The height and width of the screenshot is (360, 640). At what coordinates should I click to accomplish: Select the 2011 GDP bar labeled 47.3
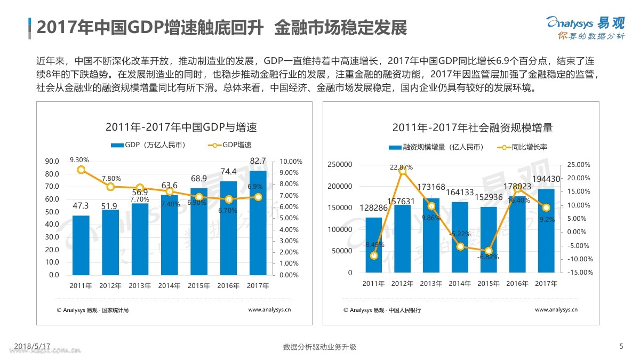coord(81,245)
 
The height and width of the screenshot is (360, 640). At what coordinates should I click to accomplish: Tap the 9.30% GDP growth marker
coord(81,170)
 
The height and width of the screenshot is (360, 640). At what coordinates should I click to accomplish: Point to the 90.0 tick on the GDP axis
coord(52,162)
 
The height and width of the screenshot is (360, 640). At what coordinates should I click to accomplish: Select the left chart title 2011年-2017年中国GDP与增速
coord(181,127)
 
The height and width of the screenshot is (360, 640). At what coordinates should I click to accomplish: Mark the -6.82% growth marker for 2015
coord(489,251)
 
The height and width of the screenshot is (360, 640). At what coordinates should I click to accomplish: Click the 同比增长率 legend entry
coord(523,148)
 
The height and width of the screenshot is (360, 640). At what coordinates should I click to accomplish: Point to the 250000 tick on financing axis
coord(339,165)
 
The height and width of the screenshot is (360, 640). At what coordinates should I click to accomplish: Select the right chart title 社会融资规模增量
coord(472,128)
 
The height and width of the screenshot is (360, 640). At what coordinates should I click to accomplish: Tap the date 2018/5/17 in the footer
coord(31,346)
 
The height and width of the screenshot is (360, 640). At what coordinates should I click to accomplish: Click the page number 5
coord(621,346)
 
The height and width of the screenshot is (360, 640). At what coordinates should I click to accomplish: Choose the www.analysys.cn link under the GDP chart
coord(269,309)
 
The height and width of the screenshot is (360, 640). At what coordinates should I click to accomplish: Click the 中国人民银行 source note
coord(406,310)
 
